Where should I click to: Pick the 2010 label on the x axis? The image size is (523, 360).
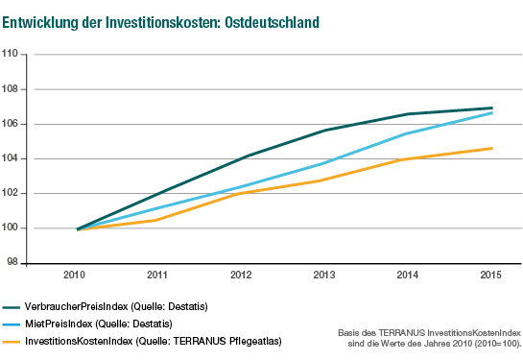[77, 275]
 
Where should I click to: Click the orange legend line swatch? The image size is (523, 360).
[12, 341]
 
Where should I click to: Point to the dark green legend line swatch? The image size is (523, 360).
[12, 306]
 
